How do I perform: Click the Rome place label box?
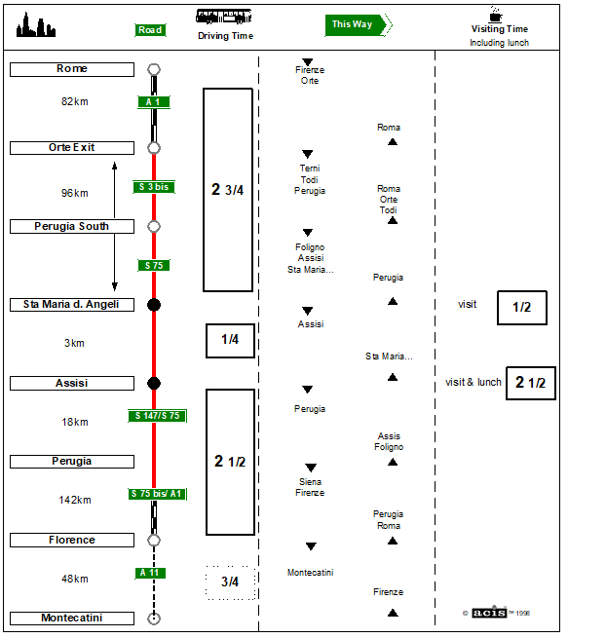click(x=71, y=69)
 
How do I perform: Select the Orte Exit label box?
click(x=71, y=148)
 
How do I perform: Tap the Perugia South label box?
click(x=72, y=226)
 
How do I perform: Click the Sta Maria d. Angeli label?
click(x=71, y=305)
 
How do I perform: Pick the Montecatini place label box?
click(x=71, y=619)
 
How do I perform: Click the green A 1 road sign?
click(x=152, y=102)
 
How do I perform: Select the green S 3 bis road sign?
click(x=154, y=187)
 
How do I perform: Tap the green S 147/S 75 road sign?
click(x=157, y=416)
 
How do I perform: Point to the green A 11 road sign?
click(x=151, y=573)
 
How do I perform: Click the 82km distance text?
click(x=74, y=101)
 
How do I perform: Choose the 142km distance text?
click(x=74, y=501)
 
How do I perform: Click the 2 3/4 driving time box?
click(x=228, y=190)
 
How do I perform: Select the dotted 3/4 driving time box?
click(x=230, y=582)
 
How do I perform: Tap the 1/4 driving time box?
click(x=230, y=340)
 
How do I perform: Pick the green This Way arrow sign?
click(x=358, y=24)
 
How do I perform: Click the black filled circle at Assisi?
click(x=153, y=383)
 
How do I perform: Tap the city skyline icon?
click(x=36, y=27)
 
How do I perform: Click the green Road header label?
click(x=149, y=30)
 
